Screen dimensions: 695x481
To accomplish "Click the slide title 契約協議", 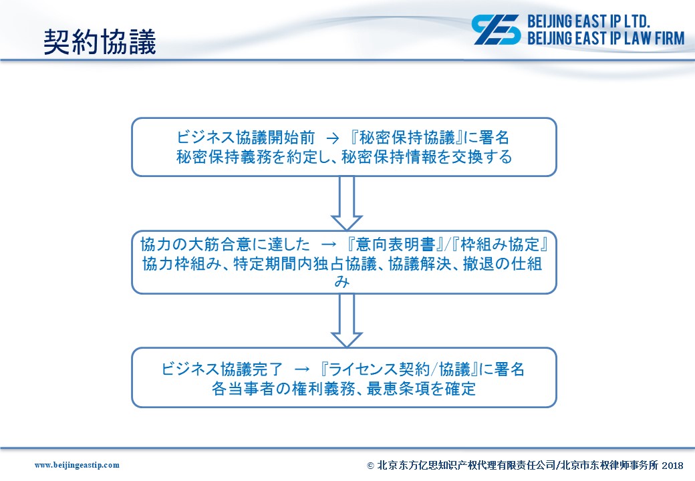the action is click(x=100, y=42).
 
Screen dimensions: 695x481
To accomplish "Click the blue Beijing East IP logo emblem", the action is click(x=496, y=29).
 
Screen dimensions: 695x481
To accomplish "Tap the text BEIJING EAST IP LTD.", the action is click(x=589, y=21).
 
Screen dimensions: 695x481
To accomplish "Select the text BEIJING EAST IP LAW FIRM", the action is click(x=606, y=39).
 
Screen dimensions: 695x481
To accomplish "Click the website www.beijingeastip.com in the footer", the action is click(x=77, y=465).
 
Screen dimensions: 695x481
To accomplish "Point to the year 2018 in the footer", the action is click(x=672, y=465).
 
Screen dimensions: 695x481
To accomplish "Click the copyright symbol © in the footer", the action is click(x=370, y=466).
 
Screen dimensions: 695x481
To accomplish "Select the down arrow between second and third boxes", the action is click(x=347, y=320).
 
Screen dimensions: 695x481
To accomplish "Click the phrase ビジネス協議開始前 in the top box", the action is click(x=246, y=138).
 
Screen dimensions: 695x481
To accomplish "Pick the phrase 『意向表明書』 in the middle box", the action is click(x=396, y=245).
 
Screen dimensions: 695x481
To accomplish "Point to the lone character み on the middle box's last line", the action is click(x=341, y=281).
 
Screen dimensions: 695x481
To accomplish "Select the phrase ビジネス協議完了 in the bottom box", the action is click(x=222, y=369).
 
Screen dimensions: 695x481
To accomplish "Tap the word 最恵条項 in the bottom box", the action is click(x=398, y=388).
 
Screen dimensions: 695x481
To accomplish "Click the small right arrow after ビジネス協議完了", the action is click(x=302, y=369).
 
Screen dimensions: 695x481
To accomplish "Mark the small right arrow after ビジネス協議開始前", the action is click(x=332, y=138).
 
